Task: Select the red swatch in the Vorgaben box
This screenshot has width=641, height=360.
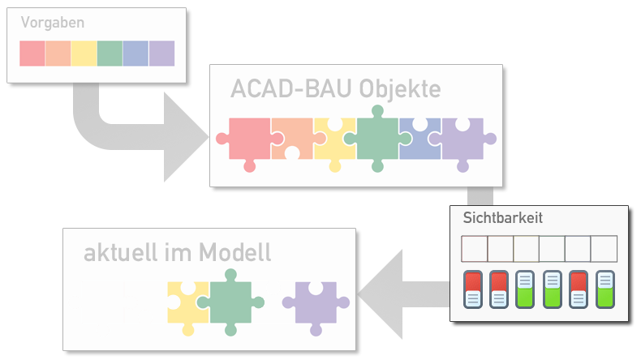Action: pos(32,54)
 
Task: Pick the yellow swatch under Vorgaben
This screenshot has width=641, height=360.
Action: pos(84,54)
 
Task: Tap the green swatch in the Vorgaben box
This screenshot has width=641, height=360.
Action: pos(110,54)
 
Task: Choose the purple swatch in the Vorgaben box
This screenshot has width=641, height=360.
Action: pos(161,54)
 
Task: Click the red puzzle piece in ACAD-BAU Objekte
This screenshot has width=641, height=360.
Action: pos(247,139)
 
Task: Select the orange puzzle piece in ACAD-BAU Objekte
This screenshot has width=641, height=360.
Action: pos(292,134)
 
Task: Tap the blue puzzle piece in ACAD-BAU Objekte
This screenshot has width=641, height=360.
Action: pos(419,143)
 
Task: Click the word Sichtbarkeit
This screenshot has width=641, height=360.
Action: pos(502,218)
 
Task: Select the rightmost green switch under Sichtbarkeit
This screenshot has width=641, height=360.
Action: pos(605,289)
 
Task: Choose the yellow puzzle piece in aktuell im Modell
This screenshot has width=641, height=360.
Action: pos(185,306)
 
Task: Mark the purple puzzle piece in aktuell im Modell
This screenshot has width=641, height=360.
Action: pos(314,304)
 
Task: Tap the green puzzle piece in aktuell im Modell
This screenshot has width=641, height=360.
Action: pos(232,301)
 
